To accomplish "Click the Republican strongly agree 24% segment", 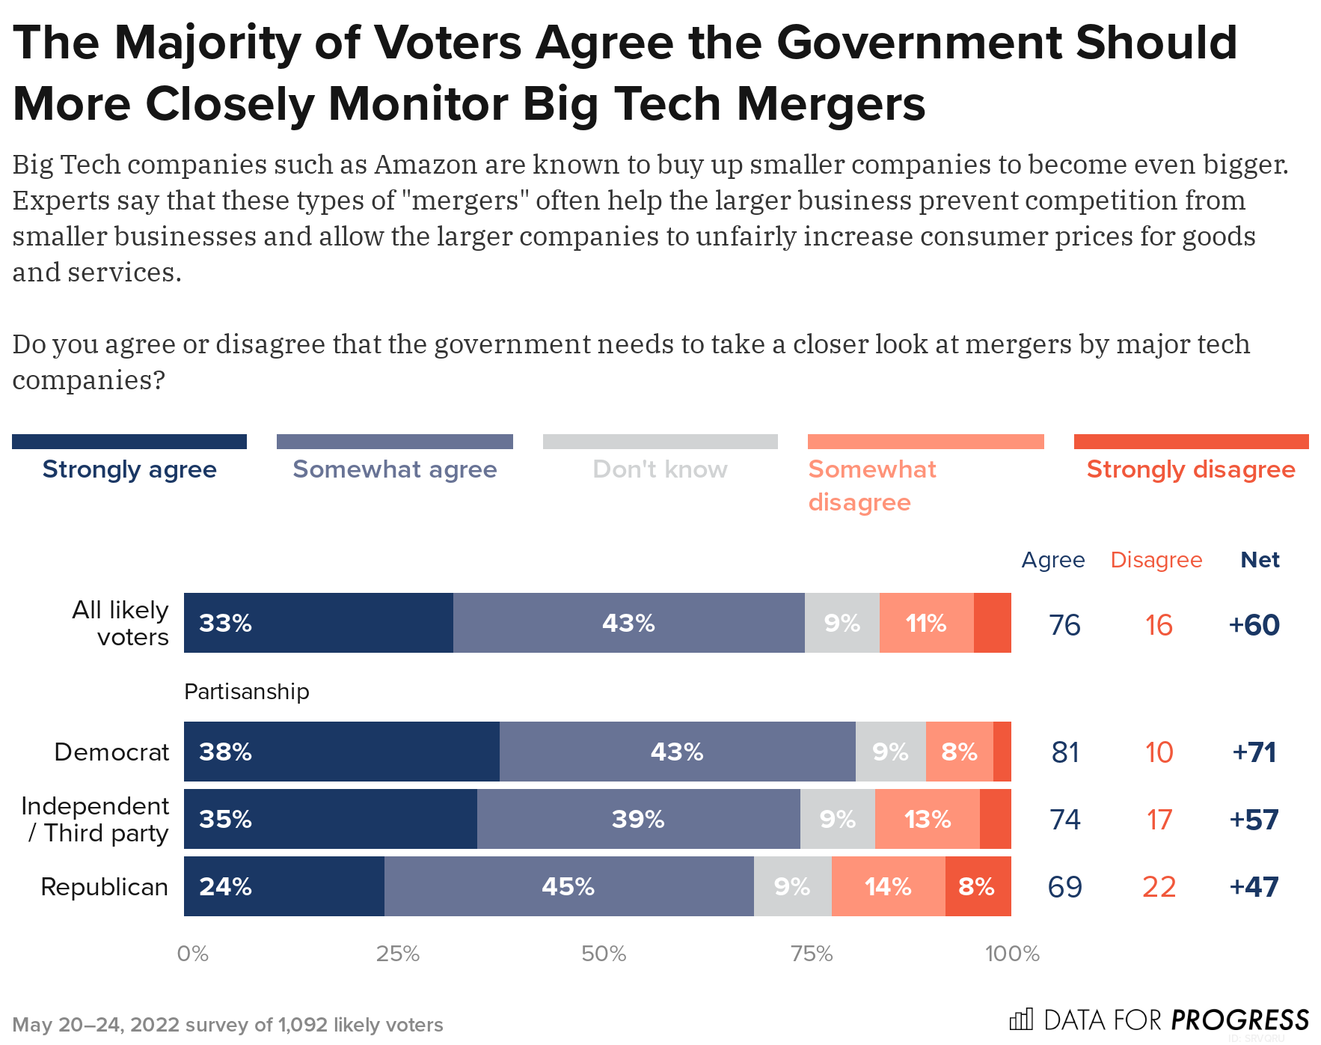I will coord(284,886).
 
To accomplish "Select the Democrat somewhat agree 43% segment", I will coord(677,752).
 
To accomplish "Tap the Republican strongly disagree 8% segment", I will coord(978,886).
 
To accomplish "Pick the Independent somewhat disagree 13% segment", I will coord(928,819).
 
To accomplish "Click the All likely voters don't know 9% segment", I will coord(842,623).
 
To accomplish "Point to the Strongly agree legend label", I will coord(129,469).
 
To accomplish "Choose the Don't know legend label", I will coord(660,469).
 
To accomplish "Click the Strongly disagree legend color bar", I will coord(1191,442).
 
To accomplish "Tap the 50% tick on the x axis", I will coord(604,954).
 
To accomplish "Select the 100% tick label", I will coord(1011,954).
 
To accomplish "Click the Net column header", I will coord(1260,560).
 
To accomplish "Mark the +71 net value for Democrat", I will coord(1254,752).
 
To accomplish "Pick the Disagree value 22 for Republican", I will coord(1159,887).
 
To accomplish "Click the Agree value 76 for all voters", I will coord(1064,625).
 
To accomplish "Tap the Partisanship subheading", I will coord(247,691).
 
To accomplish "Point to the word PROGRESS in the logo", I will coord(1239,1020).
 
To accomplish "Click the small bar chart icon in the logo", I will coord(1021,1020).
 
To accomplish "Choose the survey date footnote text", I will coord(228,1025).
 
